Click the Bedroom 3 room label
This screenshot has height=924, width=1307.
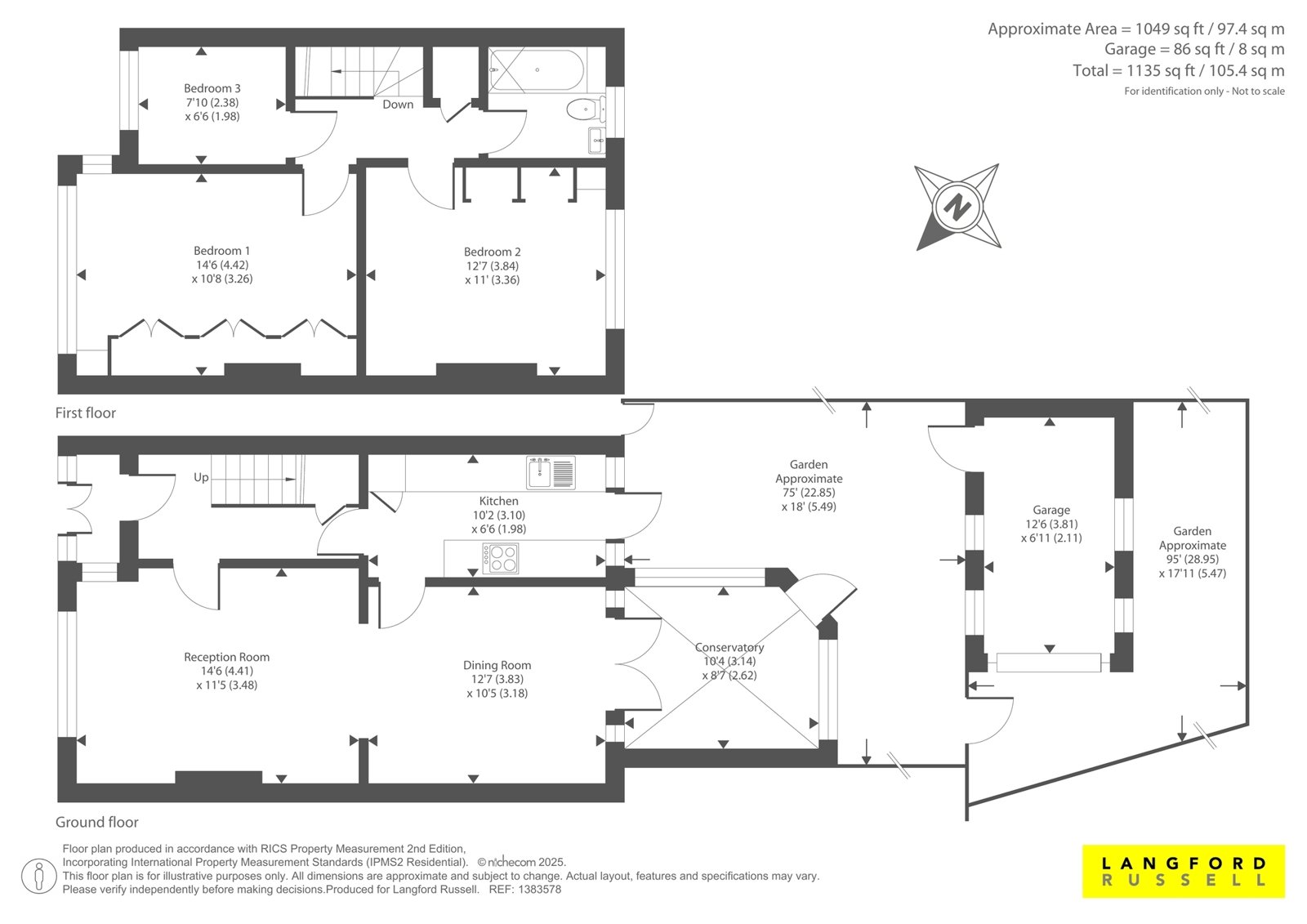[212, 88]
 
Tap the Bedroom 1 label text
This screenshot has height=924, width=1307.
[221, 251]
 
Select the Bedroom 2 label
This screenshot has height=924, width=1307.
[492, 252]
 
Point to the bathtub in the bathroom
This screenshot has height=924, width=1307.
[536, 70]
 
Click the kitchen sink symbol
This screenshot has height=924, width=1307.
[551, 473]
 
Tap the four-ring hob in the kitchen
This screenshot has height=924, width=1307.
[501, 558]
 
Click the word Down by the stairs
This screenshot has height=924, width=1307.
[398, 105]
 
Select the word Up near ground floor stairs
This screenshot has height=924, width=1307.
[201, 477]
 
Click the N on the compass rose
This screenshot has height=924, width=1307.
[957, 208]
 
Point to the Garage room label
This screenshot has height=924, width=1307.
[1051, 510]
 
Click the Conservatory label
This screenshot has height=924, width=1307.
[729, 647]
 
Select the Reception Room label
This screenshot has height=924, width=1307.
[226, 657]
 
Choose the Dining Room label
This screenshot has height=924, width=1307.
[497, 665]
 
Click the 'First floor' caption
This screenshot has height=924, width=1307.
[85, 413]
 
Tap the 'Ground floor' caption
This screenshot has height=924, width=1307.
[97, 822]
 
